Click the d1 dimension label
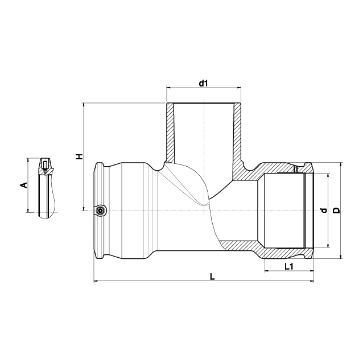click(204, 84)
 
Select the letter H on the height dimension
click(80, 156)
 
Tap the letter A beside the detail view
click(23, 185)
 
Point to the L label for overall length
click(212, 277)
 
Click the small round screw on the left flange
click(100, 211)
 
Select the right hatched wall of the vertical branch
click(238, 135)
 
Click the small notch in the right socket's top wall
click(296, 169)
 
